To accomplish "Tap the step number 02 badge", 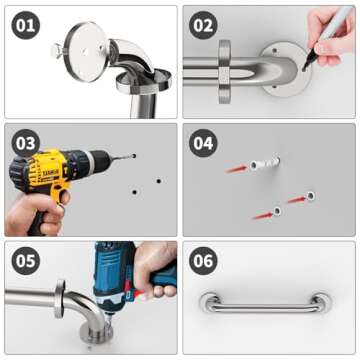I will pyautogui.click(x=204, y=25).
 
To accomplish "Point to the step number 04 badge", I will pyautogui.click(x=204, y=143).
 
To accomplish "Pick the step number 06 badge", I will pyautogui.click(x=204, y=261).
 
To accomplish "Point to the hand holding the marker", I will pyautogui.click(x=338, y=30).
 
